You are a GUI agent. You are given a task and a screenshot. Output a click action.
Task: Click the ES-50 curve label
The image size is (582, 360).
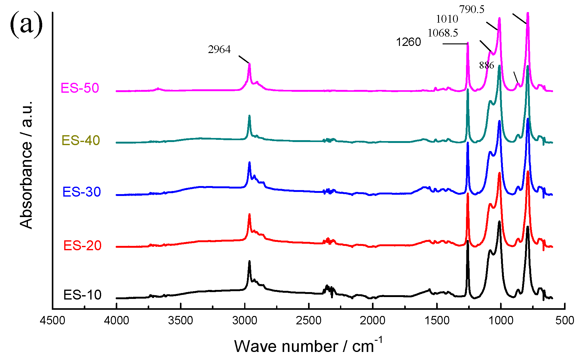coord(80,88)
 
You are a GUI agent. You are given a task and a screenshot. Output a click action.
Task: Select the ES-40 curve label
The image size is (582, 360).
coord(81,140)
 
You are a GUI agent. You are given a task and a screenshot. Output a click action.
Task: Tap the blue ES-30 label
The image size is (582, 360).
coord(82,192)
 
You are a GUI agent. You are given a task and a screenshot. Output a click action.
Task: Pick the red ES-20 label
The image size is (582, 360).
coord(82,246)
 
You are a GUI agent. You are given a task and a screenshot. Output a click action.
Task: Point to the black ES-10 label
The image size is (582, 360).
coord(82,295)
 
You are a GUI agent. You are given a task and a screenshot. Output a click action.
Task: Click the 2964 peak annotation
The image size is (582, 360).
coord(219,50)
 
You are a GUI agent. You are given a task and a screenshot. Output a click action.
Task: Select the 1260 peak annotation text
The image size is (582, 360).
coord(408,42)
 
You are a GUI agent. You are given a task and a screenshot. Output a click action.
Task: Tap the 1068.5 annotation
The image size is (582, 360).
coord(442,33)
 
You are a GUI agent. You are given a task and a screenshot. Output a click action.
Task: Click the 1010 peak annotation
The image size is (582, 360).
coord(447,19)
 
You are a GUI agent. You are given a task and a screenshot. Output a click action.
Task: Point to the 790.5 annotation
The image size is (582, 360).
coord(472,10)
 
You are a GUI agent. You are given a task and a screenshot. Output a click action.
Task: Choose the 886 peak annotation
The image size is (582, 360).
coord(486,65)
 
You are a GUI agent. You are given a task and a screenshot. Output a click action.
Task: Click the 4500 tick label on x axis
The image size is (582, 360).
coord(52,320)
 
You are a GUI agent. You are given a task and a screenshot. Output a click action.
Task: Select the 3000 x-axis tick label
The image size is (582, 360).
coord(245,320)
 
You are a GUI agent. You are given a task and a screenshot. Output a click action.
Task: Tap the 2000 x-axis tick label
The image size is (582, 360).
coord(373,320)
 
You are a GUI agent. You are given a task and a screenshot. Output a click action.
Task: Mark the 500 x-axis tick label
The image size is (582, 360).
coord(565,320)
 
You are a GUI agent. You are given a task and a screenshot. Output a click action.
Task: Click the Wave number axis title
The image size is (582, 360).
coord(308,346)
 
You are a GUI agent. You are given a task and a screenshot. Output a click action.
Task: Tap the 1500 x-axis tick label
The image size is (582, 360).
coord(437,320)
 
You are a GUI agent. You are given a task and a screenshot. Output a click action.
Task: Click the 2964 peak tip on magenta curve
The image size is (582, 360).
coord(249,64)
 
